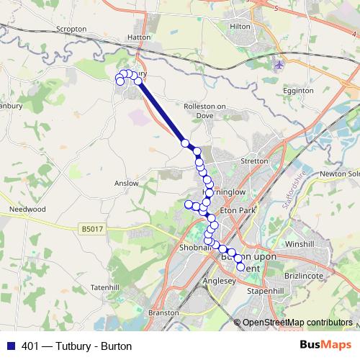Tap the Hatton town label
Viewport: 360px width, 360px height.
point(138,36)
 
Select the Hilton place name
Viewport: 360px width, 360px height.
point(239,26)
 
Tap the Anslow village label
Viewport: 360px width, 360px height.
point(126,184)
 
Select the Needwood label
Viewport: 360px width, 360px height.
point(27,209)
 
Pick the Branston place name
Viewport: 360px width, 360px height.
point(162,313)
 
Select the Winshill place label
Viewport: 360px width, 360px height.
point(300,244)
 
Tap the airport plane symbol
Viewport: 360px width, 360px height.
point(279,65)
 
